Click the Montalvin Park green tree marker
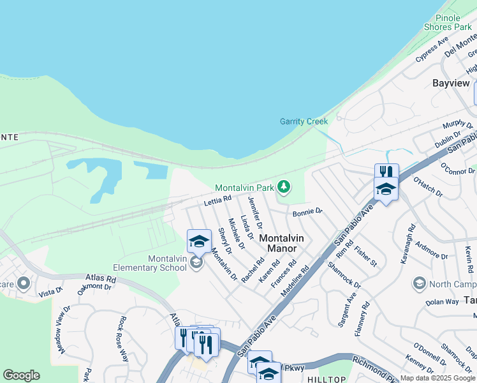(x=284, y=187)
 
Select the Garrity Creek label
(x=304, y=121)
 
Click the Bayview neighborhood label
(x=451, y=83)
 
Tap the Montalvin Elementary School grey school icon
(x=196, y=262)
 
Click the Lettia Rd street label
(x=217, y=201)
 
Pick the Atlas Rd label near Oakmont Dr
(x=102, y=279)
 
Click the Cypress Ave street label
(x=432, y=50)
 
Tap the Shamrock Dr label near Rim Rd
(x=344, y=275)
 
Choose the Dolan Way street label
(x=442, y=301)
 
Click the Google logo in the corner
(x=21, y=375)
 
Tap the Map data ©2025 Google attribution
(x=437, y=378)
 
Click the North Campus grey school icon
(x=419, y=283)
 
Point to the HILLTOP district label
(x=327, y=379)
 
